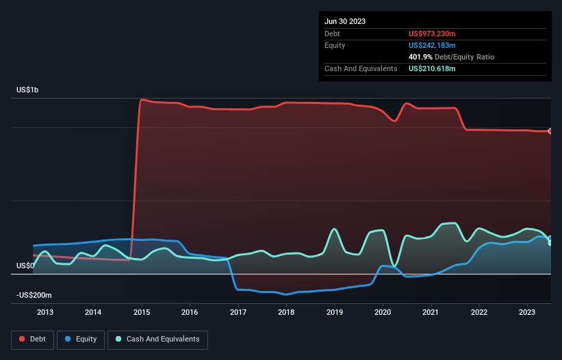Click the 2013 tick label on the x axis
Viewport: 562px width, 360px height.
[45, 313]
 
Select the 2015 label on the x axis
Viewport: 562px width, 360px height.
[142, 313]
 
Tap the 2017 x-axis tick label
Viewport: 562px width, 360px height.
[238, 313]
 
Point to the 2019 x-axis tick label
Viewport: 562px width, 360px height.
[335, 313]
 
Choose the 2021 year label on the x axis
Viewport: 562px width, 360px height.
[431, 313]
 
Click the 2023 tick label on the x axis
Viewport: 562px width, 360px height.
[527, 313]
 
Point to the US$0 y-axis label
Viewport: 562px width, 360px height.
[25, 266]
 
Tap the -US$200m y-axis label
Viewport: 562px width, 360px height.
[34, 295]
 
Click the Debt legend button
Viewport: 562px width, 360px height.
[31, 339]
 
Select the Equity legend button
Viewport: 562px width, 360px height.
[81, 339]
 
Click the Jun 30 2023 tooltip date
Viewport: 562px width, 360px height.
[345, 21]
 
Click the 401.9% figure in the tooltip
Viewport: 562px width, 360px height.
[420, 57]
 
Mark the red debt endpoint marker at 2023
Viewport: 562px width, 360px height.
[550, 131]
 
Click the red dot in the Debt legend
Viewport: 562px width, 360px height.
[23, 339]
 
